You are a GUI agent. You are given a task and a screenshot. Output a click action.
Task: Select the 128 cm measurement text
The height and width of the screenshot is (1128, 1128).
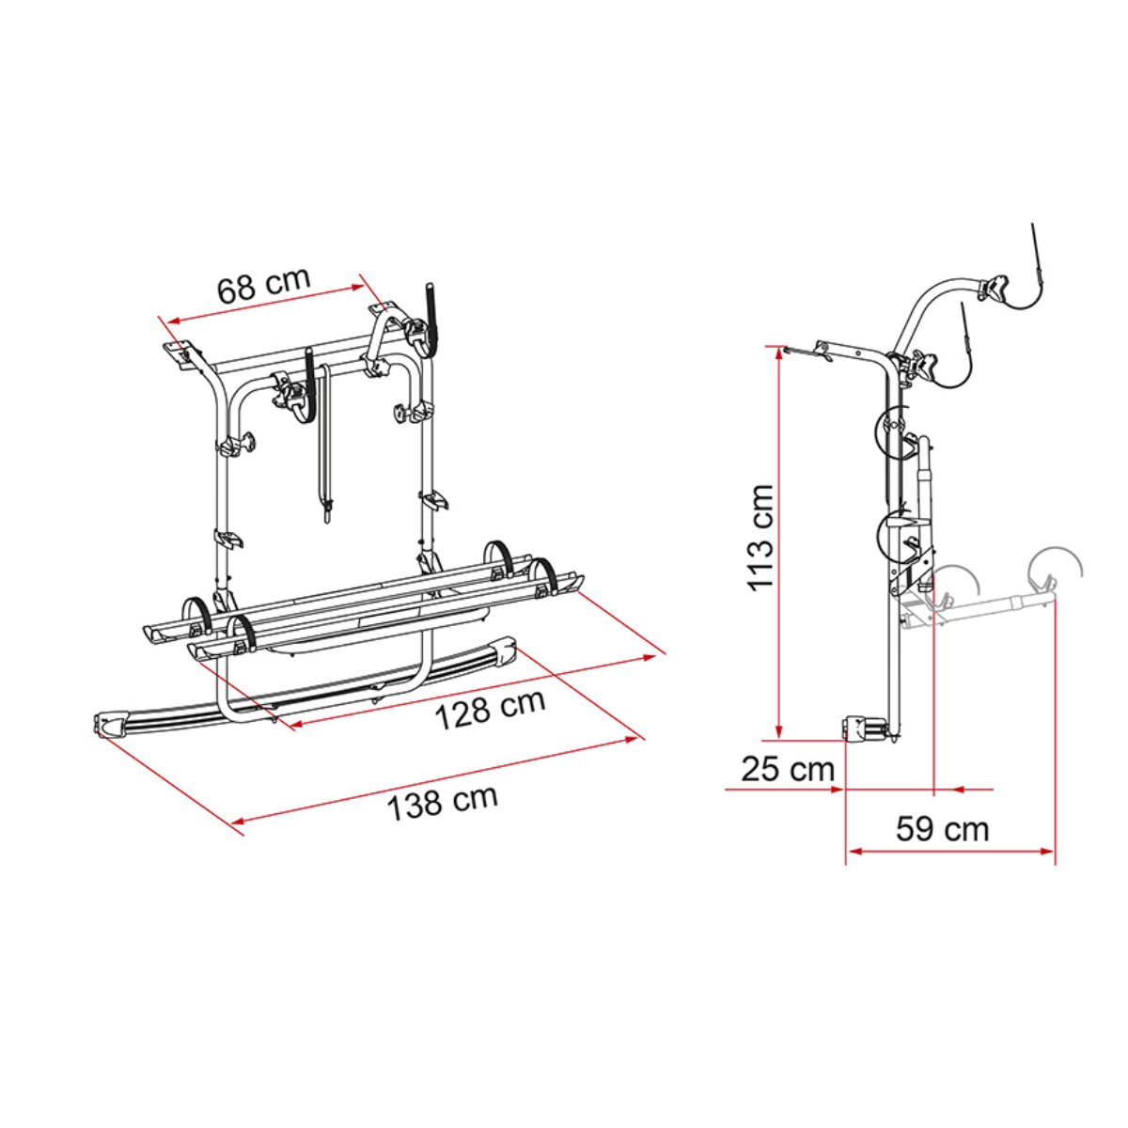tap(489, 709)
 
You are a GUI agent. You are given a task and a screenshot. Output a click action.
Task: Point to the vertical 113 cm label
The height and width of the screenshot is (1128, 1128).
tap(760, 537)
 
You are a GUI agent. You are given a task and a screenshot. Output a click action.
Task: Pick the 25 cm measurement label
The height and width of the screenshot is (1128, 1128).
tap(788, 768)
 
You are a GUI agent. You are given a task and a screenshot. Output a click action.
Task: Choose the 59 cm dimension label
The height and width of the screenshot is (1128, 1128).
tap(942, 829)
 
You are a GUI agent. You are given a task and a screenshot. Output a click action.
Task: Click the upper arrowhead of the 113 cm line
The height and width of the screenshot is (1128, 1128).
tap(780, 354)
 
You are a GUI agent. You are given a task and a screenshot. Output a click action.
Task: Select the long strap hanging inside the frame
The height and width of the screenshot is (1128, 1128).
tap(324, 442)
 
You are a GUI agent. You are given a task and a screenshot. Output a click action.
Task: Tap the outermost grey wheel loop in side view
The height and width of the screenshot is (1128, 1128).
tap(1055, 564)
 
